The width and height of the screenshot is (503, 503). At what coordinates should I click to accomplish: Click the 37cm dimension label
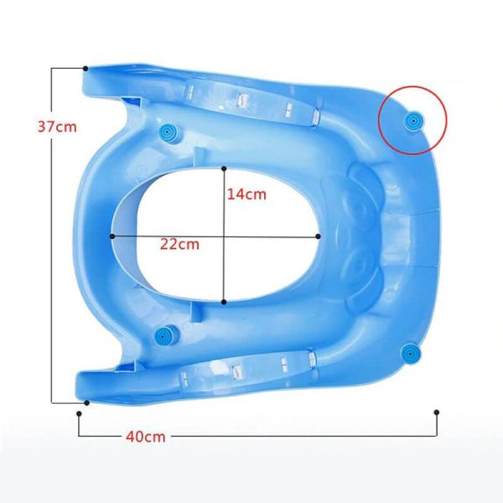coord(57,127)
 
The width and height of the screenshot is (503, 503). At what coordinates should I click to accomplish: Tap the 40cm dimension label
coord(146,437)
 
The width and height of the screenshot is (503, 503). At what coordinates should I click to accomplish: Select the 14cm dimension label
coord(246,194)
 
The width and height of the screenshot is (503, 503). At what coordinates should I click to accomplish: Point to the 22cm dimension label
coord(179,245)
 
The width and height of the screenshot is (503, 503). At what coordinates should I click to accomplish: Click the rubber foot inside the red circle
coord(413,121)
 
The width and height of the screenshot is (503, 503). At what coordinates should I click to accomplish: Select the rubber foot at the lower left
coord(165,336)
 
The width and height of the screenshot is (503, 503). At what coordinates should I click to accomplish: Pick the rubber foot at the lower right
coord(411,354)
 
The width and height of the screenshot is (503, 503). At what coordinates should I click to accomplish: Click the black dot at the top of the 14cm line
coord(224,169)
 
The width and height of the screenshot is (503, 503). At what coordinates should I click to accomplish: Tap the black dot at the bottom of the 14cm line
coord(224,302)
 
